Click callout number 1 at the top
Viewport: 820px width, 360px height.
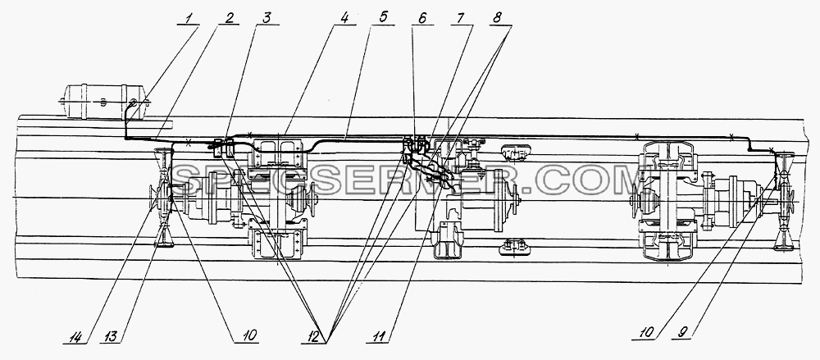189,18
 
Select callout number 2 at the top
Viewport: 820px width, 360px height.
229,18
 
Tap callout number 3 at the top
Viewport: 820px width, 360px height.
266,18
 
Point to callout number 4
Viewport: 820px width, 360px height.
344,18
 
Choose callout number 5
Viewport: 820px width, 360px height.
383,18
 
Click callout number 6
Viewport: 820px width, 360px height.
422,18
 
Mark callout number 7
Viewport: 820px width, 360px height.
460,18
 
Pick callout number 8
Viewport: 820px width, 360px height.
497,18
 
